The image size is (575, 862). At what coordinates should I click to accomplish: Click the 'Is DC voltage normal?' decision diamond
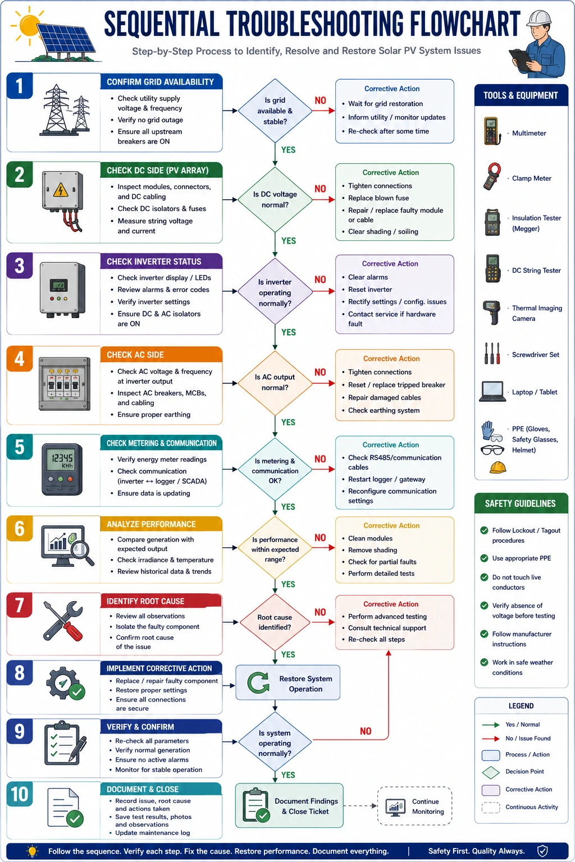(x=275, y=199)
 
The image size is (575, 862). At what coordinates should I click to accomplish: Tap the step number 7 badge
(x=19, y=606)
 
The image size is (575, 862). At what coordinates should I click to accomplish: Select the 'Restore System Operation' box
(x=287, y=683)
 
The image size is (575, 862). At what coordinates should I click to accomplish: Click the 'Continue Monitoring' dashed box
(x=415, y=806)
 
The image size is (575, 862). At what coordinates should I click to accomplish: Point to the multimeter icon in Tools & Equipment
(x=492, y=131)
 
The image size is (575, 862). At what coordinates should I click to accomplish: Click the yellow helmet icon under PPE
(x=498, y=467)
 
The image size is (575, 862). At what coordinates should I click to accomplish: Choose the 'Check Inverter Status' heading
(x=154, y=262)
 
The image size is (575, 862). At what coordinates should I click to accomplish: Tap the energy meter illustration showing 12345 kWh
(x=62, y=470)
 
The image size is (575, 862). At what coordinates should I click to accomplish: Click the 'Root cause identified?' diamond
(x=275, y=622)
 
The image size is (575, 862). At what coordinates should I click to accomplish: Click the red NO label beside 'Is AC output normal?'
(x=320, y=372)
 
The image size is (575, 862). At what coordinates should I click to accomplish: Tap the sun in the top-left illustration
(x=28, y=25)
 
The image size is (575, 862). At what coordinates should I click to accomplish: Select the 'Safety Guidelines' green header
(x=521, y=503)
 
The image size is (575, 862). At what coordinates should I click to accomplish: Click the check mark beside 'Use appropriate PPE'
(x=484, y=558)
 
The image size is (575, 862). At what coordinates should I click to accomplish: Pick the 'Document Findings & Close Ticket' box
(x=289, y=806)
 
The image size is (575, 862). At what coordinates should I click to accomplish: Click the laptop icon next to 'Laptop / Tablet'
(x=492, y=392)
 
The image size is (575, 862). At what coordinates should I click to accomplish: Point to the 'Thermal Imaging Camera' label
(x=537, y=313)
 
